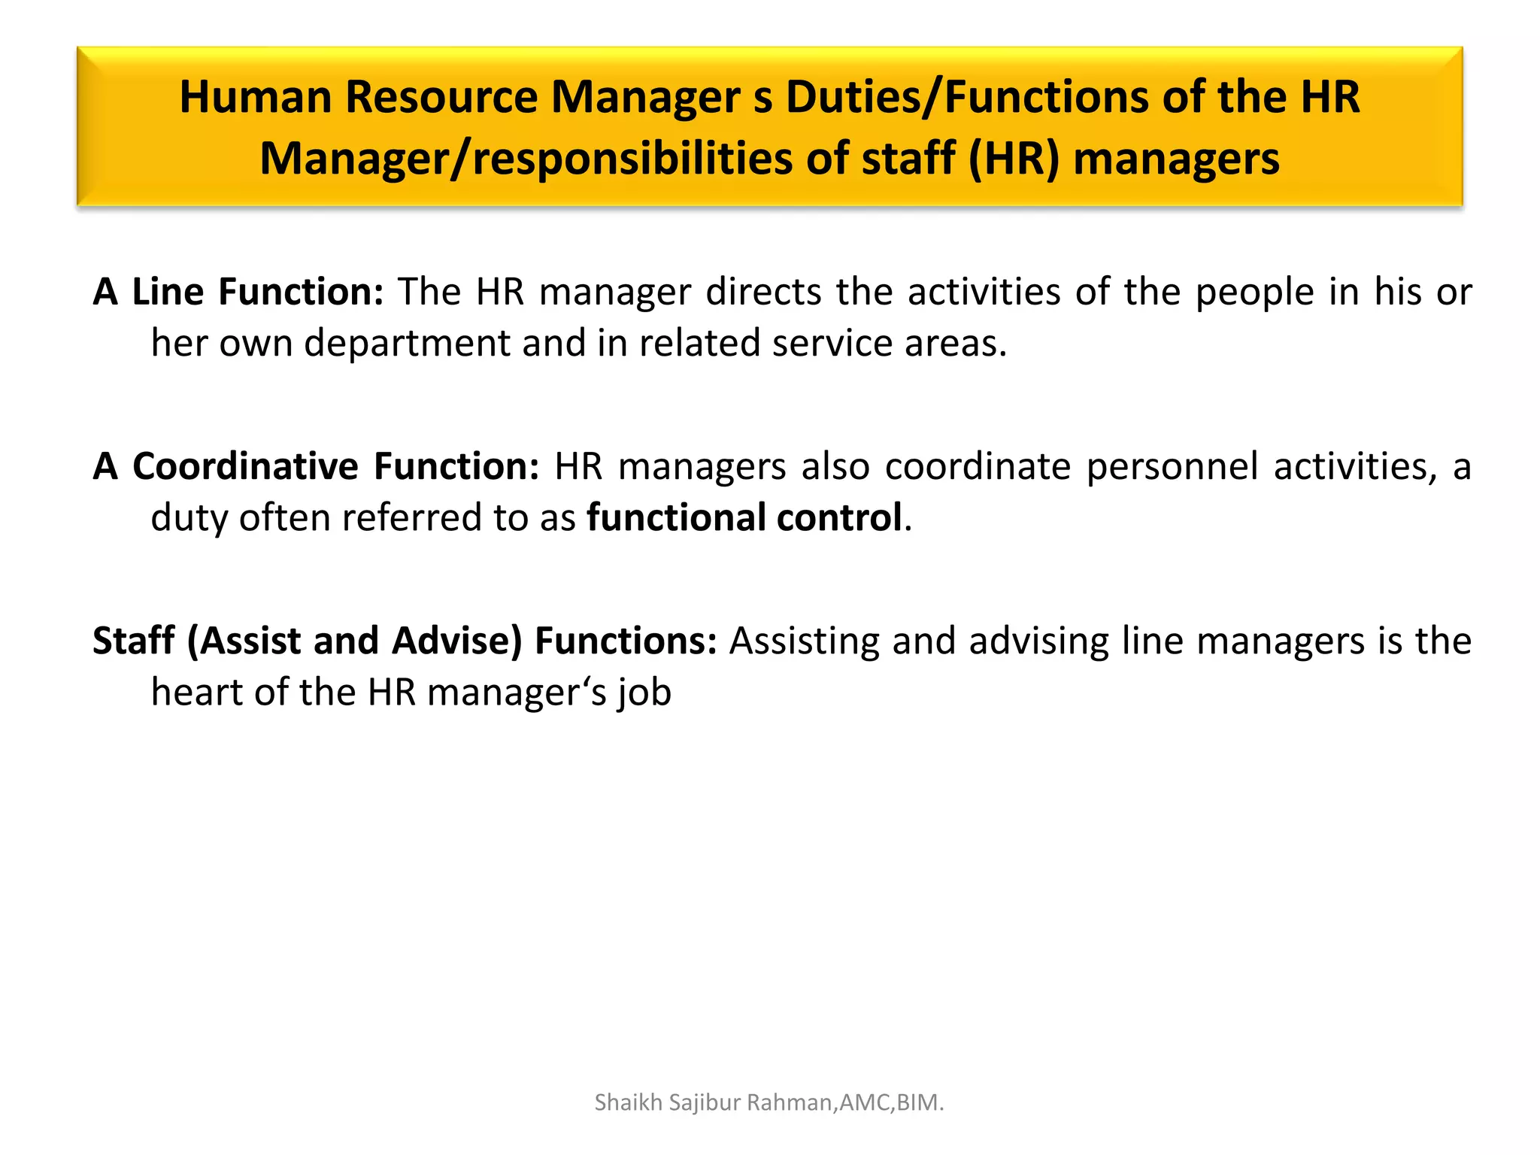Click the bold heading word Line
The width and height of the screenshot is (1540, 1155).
(x=168, y=292)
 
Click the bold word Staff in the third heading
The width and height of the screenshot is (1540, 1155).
(x=134, y=641)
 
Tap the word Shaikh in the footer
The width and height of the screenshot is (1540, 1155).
(x=628, y=1102)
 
